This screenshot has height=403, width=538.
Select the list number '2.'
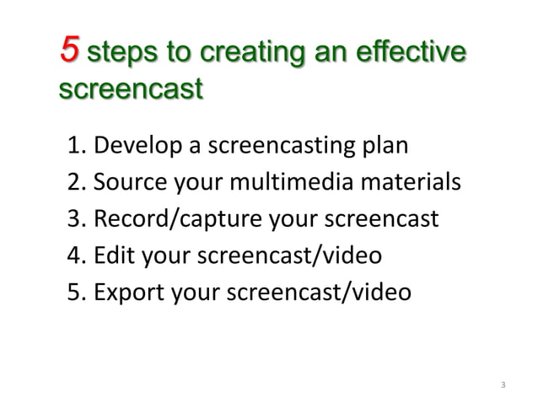tap(76, 183)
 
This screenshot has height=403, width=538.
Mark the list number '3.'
tap(76, 219)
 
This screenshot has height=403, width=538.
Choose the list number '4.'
tap(76, 255)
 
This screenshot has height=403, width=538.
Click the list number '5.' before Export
tap(76, 292)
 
